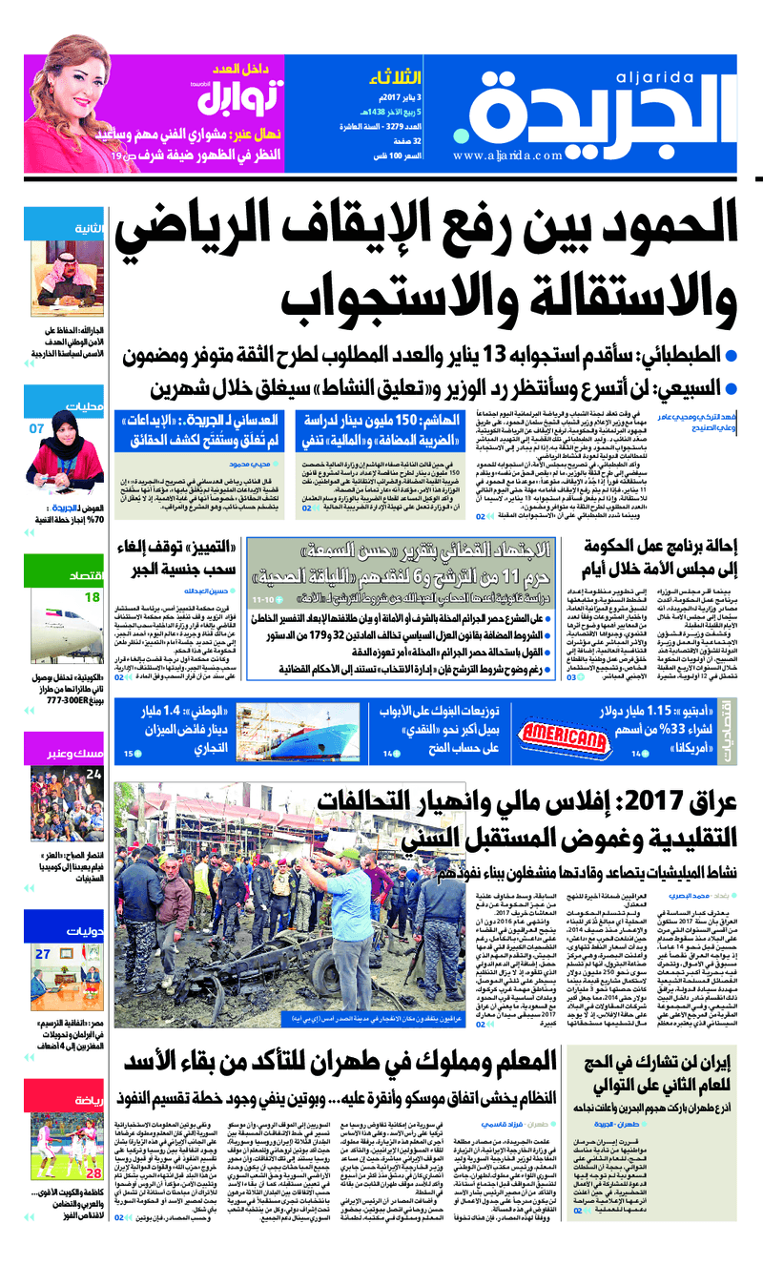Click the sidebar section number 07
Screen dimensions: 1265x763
coord(36,428)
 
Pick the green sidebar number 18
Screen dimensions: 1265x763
coord(92,597)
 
